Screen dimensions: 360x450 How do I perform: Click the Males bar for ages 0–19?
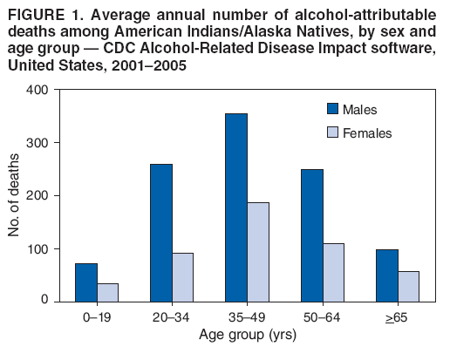[85, 282]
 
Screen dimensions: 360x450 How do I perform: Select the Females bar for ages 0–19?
[107, 292]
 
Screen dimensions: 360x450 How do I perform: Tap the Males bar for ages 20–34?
[160, 233]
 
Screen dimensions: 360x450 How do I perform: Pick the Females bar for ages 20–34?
[182, 277]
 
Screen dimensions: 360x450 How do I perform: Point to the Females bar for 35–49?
[257, 252]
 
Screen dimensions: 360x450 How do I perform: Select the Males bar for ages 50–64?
[311, 235]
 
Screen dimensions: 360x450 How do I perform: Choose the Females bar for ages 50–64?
[333, 272]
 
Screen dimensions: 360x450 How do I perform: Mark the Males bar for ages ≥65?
[386, 275]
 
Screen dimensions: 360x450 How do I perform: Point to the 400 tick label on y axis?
[37, 90]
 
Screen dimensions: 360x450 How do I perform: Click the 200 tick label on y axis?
[37, 195]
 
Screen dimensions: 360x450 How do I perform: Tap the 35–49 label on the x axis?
[247, 317]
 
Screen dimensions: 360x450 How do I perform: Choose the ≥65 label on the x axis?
[398, 317]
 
